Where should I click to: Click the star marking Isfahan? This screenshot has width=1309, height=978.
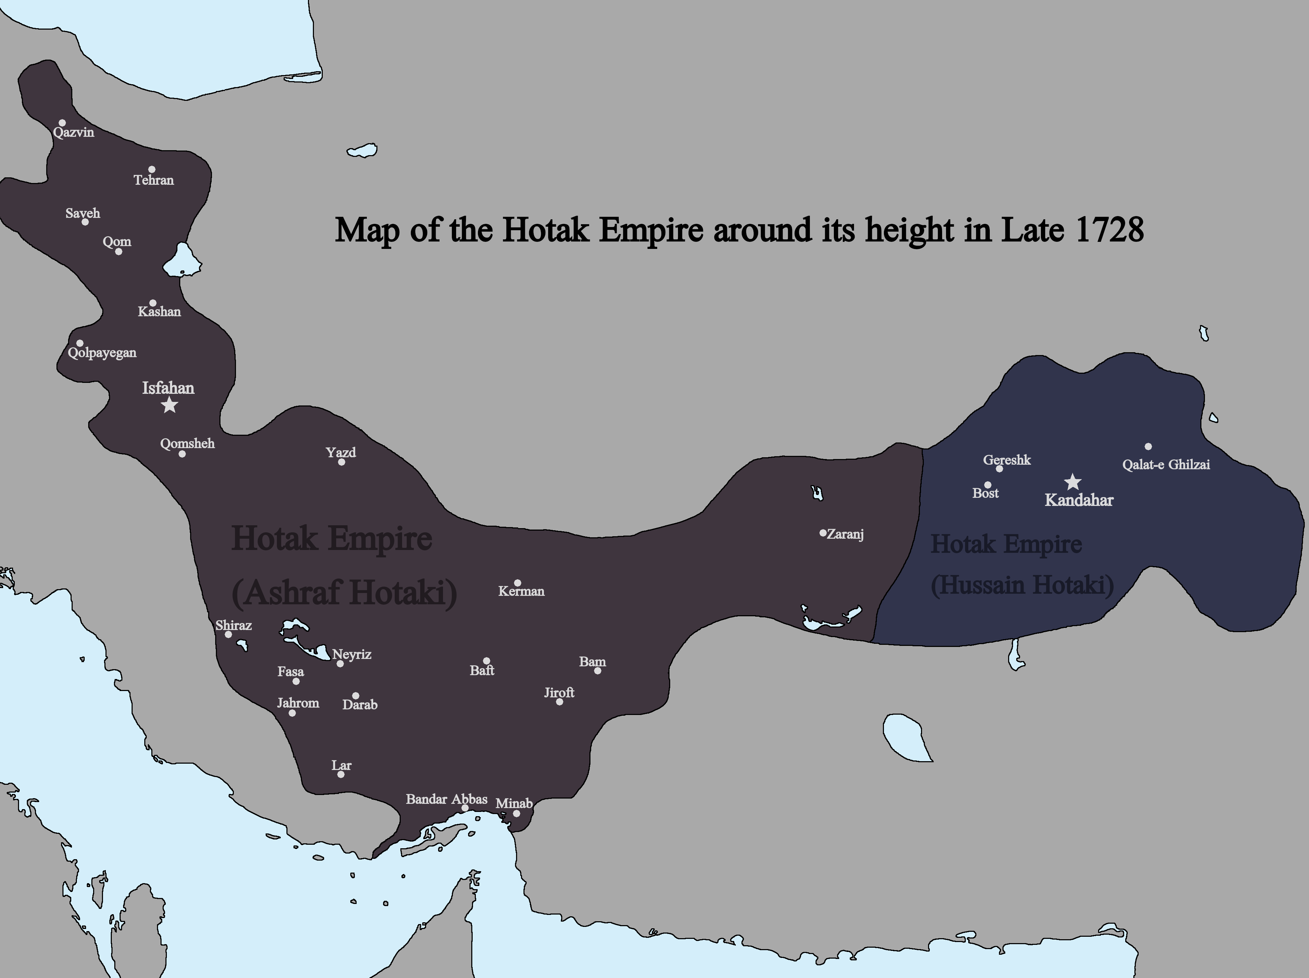[x=170, y=405]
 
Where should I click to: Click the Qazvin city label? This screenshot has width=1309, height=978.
[x=73, y=133]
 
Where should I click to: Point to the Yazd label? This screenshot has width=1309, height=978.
[x=341, y=453]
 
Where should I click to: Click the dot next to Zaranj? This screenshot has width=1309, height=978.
[x=823, y=533]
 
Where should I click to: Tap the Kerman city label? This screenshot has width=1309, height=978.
[x=521, y=591]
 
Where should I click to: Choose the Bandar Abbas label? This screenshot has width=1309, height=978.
[x=446, y=799]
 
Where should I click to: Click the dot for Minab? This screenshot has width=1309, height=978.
[x=516, y=813]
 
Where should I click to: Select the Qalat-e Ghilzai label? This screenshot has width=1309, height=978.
[x=1166, y=464]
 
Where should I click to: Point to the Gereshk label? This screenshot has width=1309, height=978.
[x=1007, y=460]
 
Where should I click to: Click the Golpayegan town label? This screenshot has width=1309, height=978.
[x=102, y=353]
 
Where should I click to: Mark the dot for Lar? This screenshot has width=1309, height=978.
[x=341, y=775]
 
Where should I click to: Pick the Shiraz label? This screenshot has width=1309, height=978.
[x=233, y=625]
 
